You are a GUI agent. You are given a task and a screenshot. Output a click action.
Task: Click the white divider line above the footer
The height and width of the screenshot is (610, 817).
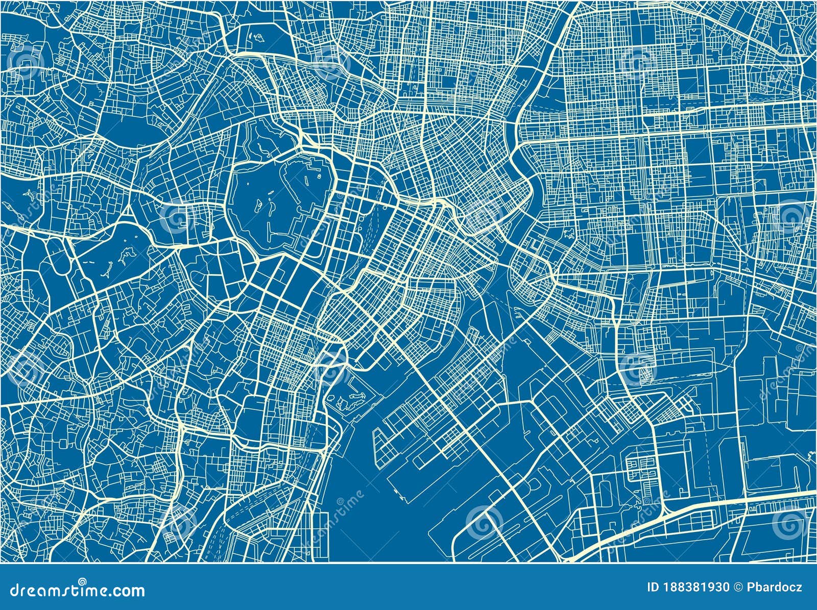408,563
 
